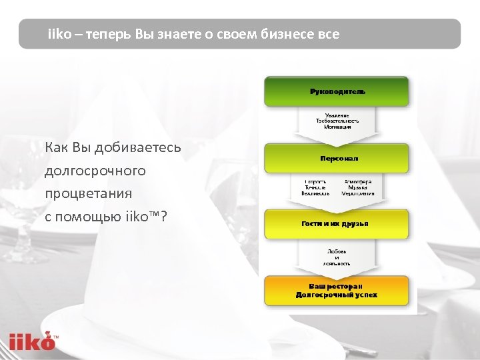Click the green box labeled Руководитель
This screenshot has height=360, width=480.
click(x=337, y=91)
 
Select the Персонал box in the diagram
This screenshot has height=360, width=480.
click(x=337, y=159)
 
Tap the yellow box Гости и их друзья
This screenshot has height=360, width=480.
click(x=337, y=224)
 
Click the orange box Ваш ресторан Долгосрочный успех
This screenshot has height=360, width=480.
click(x=337, y=291)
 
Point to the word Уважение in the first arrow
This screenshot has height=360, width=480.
click(x=337, y=115)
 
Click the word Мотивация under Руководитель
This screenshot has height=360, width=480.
click(x=337, y=127)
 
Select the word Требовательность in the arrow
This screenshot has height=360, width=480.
click(x=337, y=121)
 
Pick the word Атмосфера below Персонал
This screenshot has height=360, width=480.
click(x=358, y=181)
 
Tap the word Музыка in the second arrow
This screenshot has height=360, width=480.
click(x=358, y=187)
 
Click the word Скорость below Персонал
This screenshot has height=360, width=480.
click(x=315, y=181)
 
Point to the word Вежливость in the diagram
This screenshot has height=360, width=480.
click(x=315, y=193)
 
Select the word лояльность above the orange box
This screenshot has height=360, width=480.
click(x=337, y=263)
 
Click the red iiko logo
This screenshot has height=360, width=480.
click(x=32, y=341)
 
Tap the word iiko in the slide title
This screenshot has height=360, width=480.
click(x=59, y=34)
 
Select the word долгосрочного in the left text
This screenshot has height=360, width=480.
click(x=95, y=171)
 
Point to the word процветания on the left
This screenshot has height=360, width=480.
click(x=88, y=193)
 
